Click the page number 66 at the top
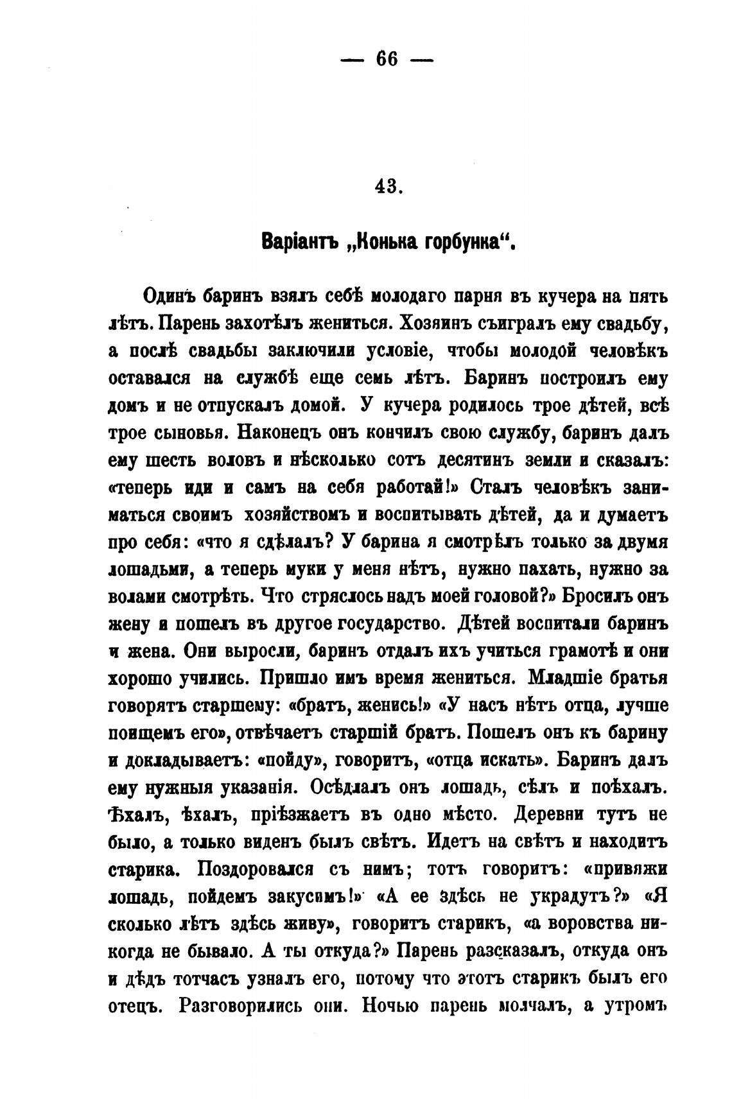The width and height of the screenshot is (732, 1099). pyautogui.click(x=387, y=60)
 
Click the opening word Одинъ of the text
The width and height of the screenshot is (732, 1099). pyautogui.click(x=169, y=297)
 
